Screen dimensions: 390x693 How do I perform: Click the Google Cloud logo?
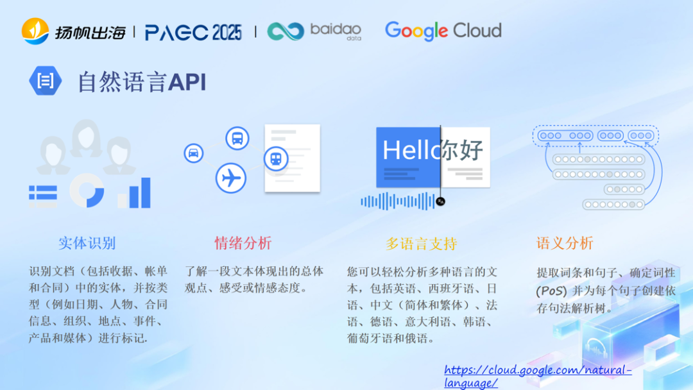[443, 30]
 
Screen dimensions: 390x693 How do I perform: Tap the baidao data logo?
[314, 31]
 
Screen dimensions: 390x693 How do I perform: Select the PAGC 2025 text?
[193, 32]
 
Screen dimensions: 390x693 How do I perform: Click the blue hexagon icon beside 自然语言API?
[46, 81]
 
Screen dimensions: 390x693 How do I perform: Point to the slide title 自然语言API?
[142, 82]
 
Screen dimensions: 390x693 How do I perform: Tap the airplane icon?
[231, 178]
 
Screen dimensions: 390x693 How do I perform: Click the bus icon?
[237, 138]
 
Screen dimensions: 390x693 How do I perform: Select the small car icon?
[193, 153]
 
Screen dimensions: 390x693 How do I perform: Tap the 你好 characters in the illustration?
[462, 150]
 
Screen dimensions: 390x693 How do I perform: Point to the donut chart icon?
[87, 190]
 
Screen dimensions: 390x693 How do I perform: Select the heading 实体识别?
[87, 243]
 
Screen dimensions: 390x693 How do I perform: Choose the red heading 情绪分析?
[243, 243]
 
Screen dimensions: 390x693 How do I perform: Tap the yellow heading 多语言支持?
[421, 244]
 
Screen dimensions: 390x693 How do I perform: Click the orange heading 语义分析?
[565, 243]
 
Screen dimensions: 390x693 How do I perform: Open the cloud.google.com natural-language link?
[538, 377]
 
